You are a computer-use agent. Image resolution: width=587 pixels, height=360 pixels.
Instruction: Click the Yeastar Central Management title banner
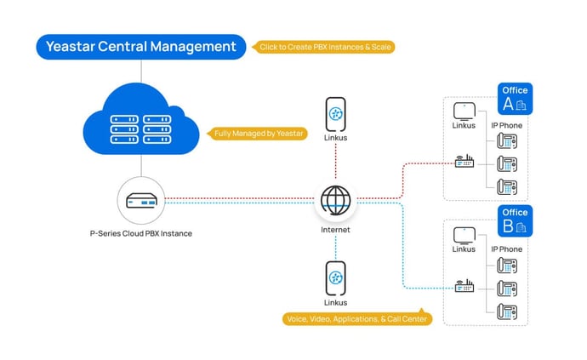[x=140, y=47]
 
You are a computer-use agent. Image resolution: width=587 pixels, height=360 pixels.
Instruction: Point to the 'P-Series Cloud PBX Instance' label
[x=141, y=233]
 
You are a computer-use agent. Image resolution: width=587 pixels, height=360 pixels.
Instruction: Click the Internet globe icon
[x=336, y=201]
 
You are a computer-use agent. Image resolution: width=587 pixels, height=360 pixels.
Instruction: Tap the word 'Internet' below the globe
[x=336, y=230]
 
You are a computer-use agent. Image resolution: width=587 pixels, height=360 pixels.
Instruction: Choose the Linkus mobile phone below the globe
[x=336, y=278]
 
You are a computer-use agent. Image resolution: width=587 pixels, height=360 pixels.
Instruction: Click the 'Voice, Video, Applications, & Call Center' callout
[x=357, y=319]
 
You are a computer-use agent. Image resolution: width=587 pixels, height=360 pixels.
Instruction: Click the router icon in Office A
[x=464, y=162]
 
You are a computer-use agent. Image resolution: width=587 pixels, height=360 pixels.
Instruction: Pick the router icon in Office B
[x=464, y=287]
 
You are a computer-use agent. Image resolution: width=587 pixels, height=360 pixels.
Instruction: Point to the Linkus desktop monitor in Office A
[x=464, y=112]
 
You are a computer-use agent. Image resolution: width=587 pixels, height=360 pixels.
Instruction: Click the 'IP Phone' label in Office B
[x=507, y=249]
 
